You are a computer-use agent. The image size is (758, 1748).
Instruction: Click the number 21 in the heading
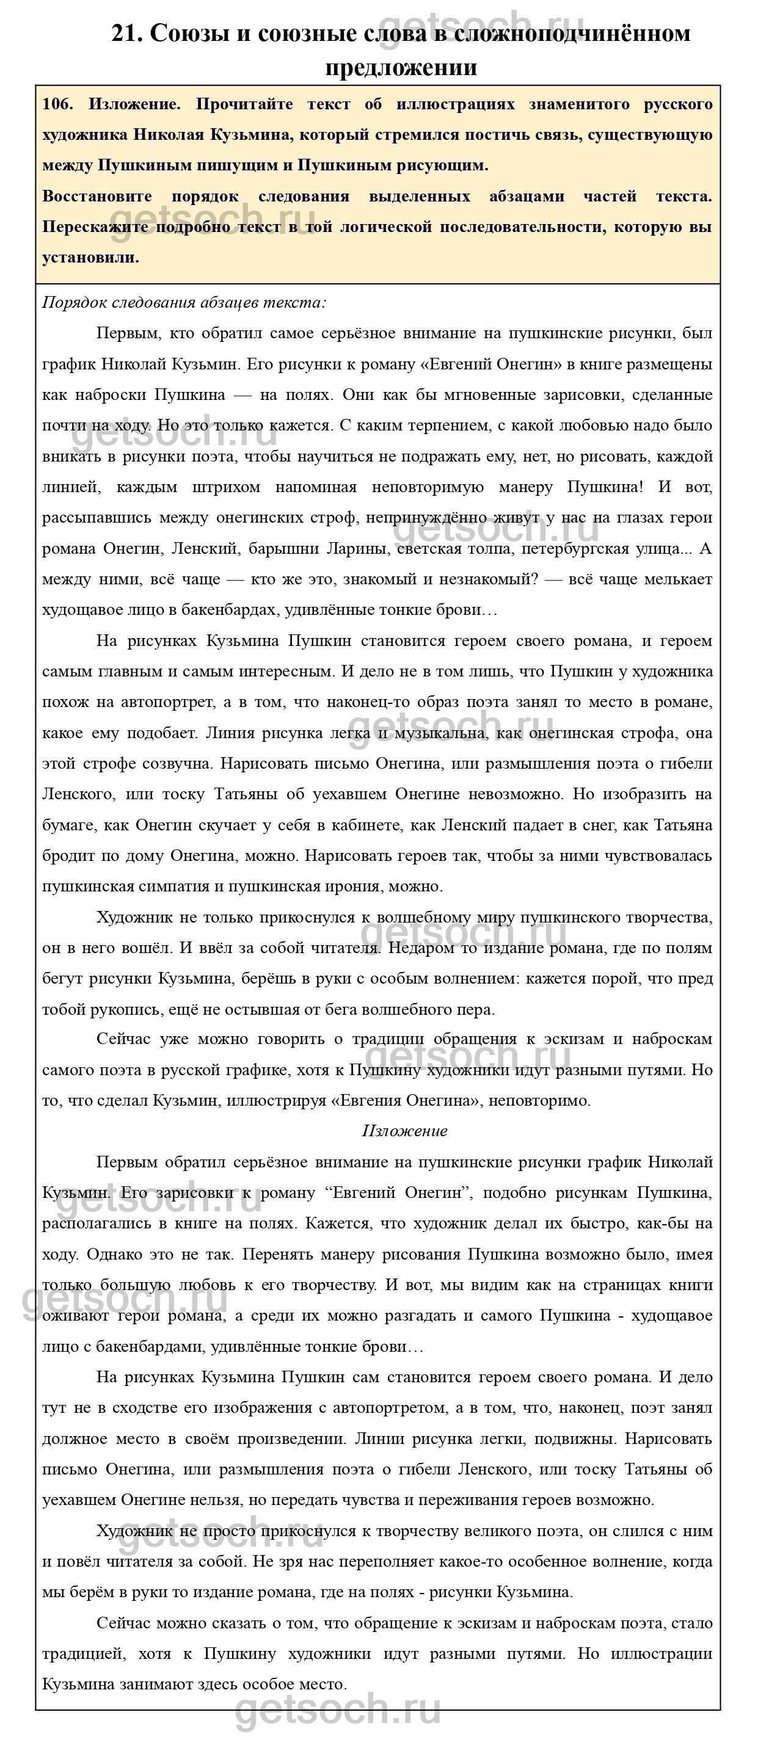click(126, 33)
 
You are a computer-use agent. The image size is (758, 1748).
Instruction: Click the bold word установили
click(90, 257)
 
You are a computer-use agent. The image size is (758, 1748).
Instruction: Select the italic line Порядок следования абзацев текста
click(184, 303)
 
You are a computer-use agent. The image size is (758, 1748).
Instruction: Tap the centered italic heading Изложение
click(404, 1131)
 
